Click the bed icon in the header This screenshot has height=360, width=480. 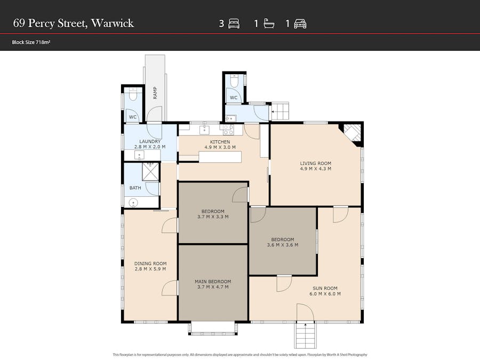234,23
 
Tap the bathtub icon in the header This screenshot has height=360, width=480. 269,23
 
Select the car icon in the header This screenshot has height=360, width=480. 300,24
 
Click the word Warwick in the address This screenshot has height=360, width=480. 113,23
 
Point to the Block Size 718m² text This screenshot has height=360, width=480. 31,42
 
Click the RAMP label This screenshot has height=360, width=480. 155,93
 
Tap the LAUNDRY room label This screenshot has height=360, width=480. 150,141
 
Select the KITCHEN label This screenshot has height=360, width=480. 220,142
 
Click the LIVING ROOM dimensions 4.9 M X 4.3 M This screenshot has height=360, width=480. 316,169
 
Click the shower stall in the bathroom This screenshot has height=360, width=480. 150,172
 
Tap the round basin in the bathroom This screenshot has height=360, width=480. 133,202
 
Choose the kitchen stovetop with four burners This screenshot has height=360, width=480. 228,130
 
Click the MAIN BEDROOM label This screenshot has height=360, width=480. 213,282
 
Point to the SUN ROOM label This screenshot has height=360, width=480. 325,289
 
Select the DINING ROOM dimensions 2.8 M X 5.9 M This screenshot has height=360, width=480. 150,269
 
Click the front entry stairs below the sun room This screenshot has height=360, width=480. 305,335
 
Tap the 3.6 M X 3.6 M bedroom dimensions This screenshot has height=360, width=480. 283,245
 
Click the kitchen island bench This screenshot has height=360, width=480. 220,157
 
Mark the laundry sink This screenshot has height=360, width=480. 139,156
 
